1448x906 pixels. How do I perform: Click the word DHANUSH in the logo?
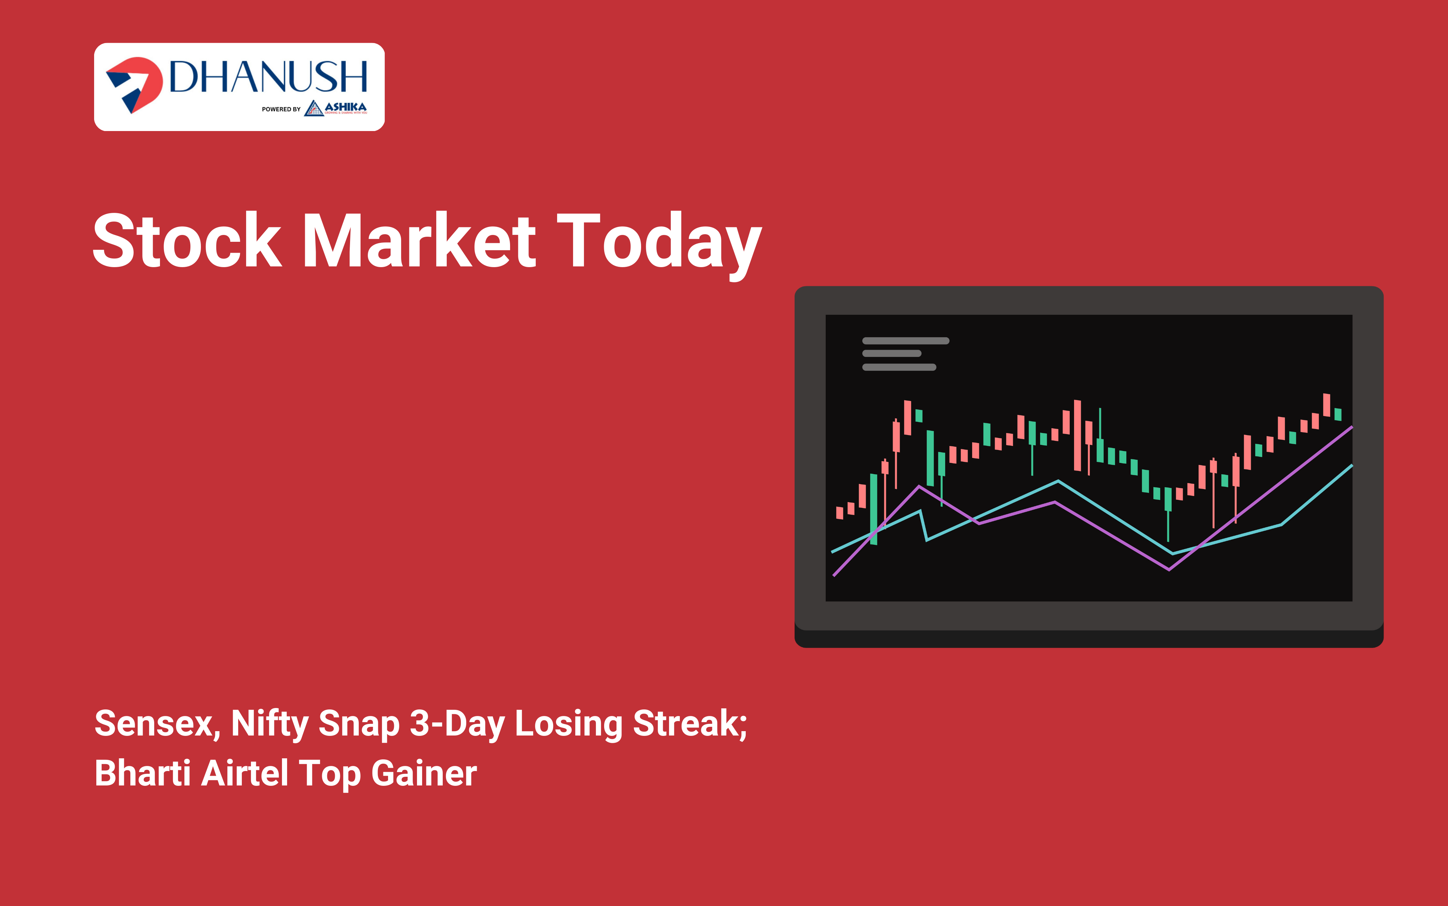[268, 77]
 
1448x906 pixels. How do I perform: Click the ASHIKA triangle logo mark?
[313, 109]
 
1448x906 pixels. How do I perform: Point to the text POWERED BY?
[281, 109]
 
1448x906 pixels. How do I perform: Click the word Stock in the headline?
[187, 241]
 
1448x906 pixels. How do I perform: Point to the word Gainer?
[424, 773]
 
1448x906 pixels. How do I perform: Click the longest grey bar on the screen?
[905, 341]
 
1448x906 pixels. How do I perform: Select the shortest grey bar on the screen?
[892, 354]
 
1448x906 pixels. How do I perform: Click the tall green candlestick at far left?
[874, 509]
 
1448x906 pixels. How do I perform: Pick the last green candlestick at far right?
[1338, 415]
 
